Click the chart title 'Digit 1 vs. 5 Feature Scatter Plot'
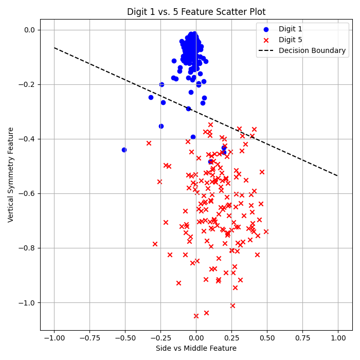point(196,12)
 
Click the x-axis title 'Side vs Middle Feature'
point(196,349)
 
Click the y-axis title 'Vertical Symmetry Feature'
point(11,175)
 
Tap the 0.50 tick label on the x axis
point(267,337)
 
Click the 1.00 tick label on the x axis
point(338,337)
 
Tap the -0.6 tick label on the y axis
point(26,193)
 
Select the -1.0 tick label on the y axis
point(26,302)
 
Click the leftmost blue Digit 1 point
point(124,150)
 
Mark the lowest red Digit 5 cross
point(196,316)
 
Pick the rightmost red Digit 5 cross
point(266,231)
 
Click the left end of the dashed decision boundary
point(55,48)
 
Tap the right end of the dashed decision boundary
point(338,176)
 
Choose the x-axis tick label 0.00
point(196,337)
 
